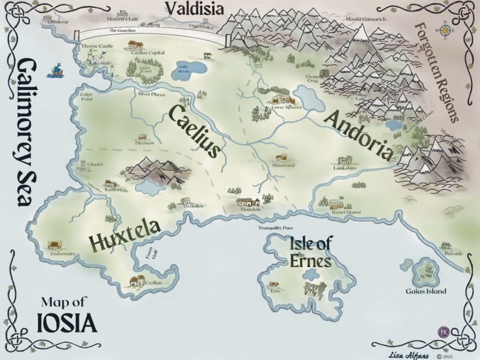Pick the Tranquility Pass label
275,228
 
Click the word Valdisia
194,9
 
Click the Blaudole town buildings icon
248,203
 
